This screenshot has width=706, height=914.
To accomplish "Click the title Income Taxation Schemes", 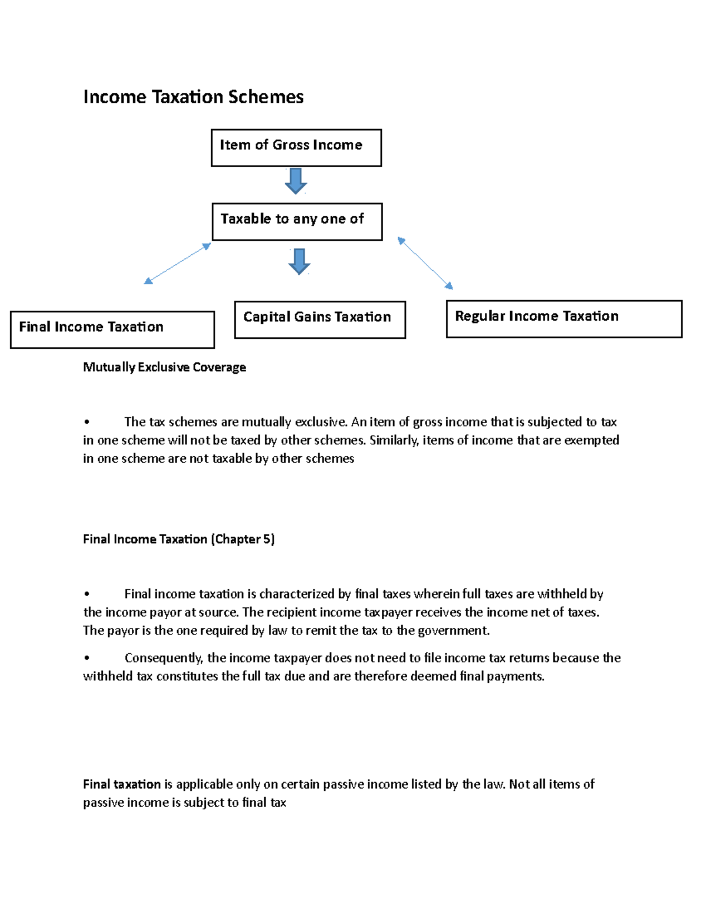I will pyautogui.click(x=193, y=97).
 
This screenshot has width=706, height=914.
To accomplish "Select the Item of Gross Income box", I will pyautogui.click(x=296, y=148).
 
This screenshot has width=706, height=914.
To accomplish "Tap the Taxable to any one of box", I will pyautogui.click(x=297, y=222).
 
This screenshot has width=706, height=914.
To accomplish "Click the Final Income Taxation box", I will pyautogui.click(x=112, y=330).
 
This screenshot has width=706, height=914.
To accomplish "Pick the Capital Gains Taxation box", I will pyautogui.click(x=319, y=320).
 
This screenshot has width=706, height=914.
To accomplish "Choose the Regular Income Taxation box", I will pyautogui.click(x=564, y=319).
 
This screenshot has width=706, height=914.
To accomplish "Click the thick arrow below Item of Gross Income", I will pyautogui.click(x=296, y=181).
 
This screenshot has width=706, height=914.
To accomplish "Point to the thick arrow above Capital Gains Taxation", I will pyautogui.click(x=299, y=261).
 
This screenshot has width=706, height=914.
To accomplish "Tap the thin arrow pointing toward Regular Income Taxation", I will pyautogui.click(x=425, y=263).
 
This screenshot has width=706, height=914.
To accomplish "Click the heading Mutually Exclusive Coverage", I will pyautogui.click(x=164, y=367).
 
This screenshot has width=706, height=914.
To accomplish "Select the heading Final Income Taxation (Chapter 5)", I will pyautogui.click(x=178, y=539).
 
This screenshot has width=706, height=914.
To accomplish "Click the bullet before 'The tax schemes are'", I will pyautogui.click(x=87, y=422).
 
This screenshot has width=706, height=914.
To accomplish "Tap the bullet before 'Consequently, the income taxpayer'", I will pyautogui.click(x=87, y=658).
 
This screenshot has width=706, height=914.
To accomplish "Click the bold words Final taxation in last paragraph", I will pyautogui.click(x=122, y=784).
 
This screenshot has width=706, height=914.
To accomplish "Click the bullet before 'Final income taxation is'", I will pyautogui.click(x=87, y=594).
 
